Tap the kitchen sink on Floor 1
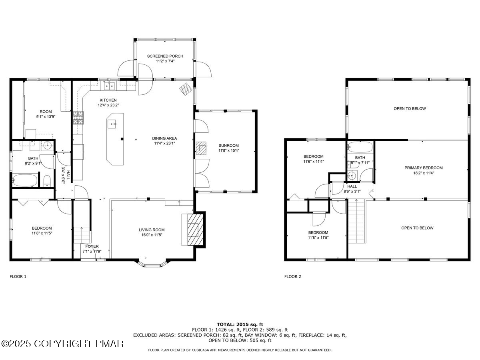click(x=109, y=85)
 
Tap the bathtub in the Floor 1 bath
click(x=25, y=180)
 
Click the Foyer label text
click(x=92, y=246)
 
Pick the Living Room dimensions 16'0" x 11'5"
click(x=152, y=235)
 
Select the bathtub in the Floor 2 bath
click(x=360, y=147)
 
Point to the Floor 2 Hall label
click(x=352, y=186)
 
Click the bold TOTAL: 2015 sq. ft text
click(x=240, y=324)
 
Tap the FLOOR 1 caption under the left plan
click(x=18, y=276)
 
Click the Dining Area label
click(x=164, y=138)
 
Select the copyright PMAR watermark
click(x=62, y=344)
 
